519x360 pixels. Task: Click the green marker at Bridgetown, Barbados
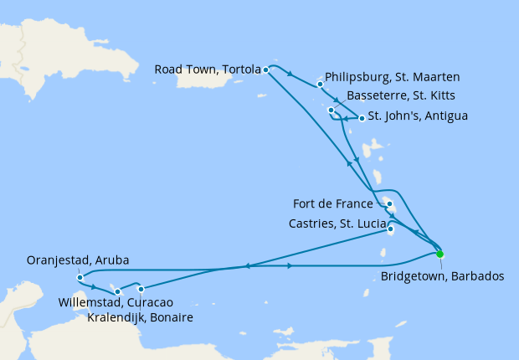(440, 255)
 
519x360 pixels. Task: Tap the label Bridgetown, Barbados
(442, 275)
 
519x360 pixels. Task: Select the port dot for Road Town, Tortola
(266, 69)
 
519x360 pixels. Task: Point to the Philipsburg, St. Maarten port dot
(320, 84)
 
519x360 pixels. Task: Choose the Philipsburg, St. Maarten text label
(392, 77)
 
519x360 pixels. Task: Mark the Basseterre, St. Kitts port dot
(331, 110)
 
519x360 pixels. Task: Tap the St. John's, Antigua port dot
(361, 118)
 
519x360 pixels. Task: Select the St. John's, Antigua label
(418, 115)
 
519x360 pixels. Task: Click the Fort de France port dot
(390, 203)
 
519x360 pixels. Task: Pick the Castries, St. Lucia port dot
(391, 227)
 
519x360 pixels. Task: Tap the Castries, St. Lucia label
(338, 223)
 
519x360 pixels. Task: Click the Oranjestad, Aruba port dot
(79, 278)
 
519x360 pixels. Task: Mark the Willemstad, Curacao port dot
(118, 291)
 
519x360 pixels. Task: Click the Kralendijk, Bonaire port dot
(141, 289)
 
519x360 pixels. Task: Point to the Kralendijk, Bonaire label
(141, 317)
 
